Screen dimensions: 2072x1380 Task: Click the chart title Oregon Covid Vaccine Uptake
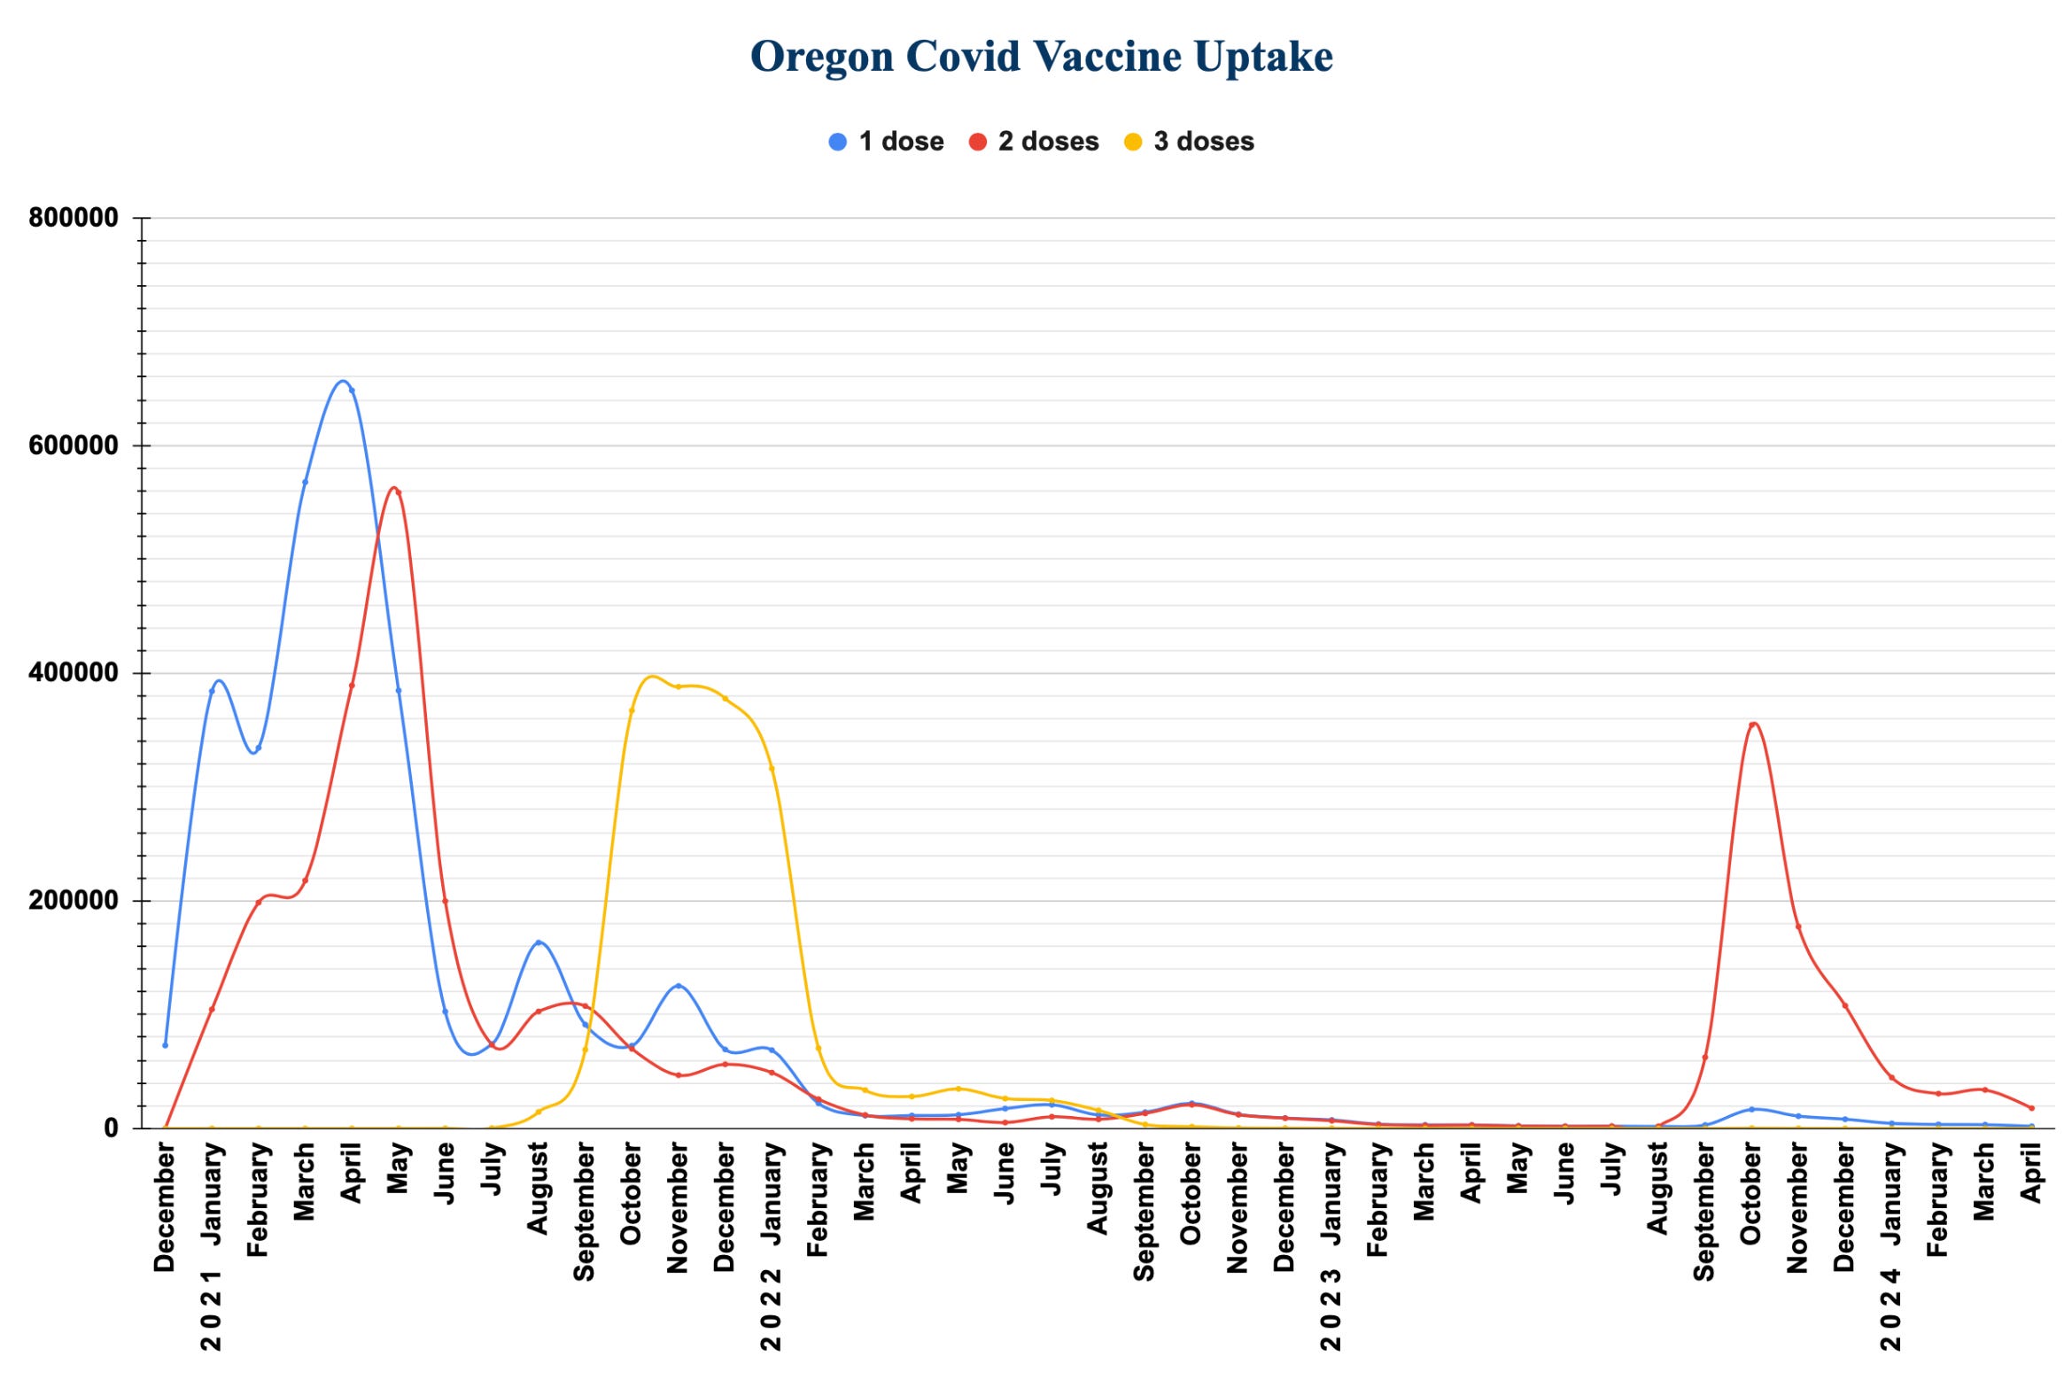coord(1041,57)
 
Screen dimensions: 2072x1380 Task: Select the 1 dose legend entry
coord(886,142)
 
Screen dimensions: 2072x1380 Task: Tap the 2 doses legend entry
coord(1034,142)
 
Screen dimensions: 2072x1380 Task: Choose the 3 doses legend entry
coord(1189,142)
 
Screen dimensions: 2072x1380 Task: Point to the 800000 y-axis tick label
coord(74,218)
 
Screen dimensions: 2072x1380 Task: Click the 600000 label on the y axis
coord(74,446)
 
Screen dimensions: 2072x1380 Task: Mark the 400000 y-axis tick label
coord(74,673)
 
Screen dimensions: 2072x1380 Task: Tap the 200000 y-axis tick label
coord(74,901)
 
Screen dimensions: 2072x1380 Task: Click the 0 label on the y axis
coord(111,1128)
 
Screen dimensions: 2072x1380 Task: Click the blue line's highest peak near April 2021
coord(343,381)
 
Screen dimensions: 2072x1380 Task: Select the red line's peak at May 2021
coord(394,488)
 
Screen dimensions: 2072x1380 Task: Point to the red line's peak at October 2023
coord(1753,725)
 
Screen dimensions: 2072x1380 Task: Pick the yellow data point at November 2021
coord(679,686)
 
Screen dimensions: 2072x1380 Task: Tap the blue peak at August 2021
coord(539,942)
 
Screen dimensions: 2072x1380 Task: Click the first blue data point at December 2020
coord(165,1045)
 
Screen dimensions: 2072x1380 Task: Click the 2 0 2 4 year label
coord(1891,1310)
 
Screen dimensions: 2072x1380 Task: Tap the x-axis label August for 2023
coord(1657,1188)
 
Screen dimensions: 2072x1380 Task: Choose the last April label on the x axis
coord(2031,1173)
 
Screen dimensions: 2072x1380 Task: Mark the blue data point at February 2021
coord(259,748)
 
